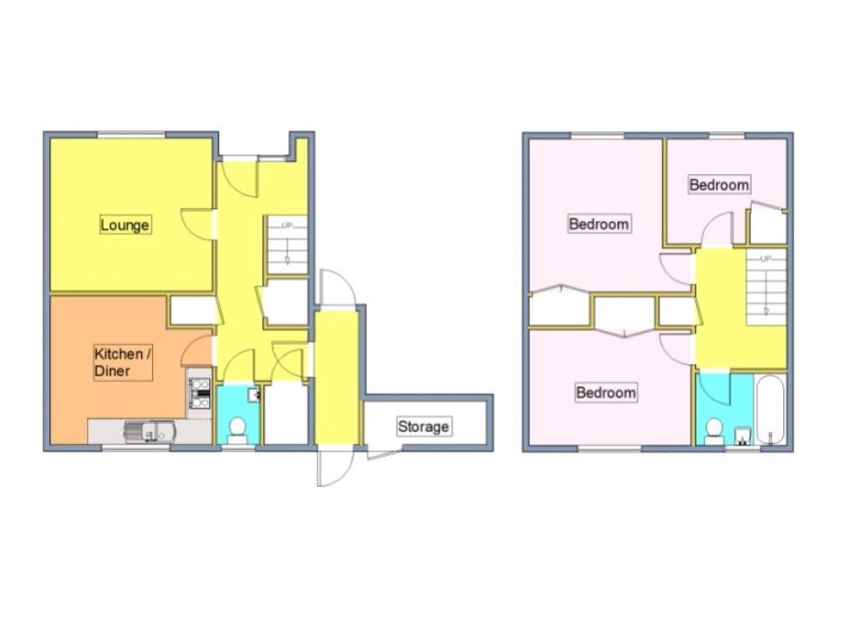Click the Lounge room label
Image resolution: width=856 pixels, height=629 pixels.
[125, 225]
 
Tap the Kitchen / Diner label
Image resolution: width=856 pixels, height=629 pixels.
[122, 362]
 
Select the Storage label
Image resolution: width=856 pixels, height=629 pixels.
[423, 427]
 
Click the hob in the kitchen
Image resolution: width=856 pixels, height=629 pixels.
[200, 393]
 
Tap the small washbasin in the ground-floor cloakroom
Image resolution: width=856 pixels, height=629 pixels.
[255, 393]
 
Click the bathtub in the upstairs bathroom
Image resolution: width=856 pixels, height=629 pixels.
[770, 410]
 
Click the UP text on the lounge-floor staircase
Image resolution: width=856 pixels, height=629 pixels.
[287, 226]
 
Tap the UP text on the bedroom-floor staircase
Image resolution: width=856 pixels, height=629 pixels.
[765, 259]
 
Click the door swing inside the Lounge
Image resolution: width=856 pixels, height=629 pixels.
[197, 223]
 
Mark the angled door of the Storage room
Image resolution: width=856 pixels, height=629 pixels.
[382, 454]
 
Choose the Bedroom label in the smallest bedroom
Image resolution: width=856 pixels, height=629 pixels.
[719, 184]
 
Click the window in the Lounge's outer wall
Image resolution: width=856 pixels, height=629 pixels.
[131, 134]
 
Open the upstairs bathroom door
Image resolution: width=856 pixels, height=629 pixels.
[712, 386]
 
